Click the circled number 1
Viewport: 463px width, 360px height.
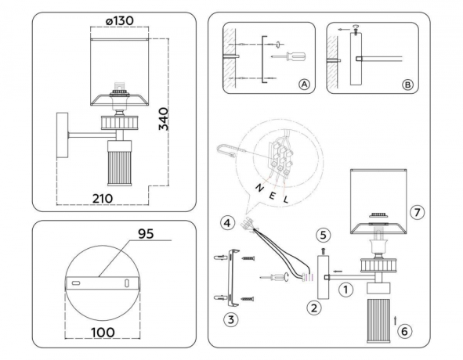point(343,288)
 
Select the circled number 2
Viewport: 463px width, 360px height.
point(314,308)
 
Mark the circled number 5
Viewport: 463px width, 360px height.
point(324,233)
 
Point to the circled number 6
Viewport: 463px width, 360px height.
point(404,331)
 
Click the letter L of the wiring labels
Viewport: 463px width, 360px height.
point(288,200)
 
